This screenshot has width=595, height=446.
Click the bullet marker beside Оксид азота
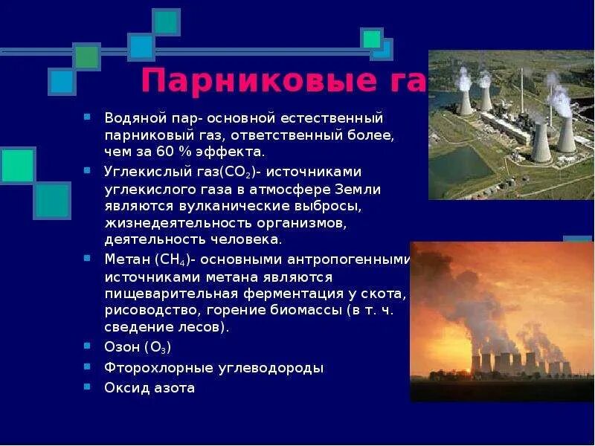pos(87,387)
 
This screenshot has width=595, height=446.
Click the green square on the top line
pos(86,56)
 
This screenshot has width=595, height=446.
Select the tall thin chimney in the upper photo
pos(521,89)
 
